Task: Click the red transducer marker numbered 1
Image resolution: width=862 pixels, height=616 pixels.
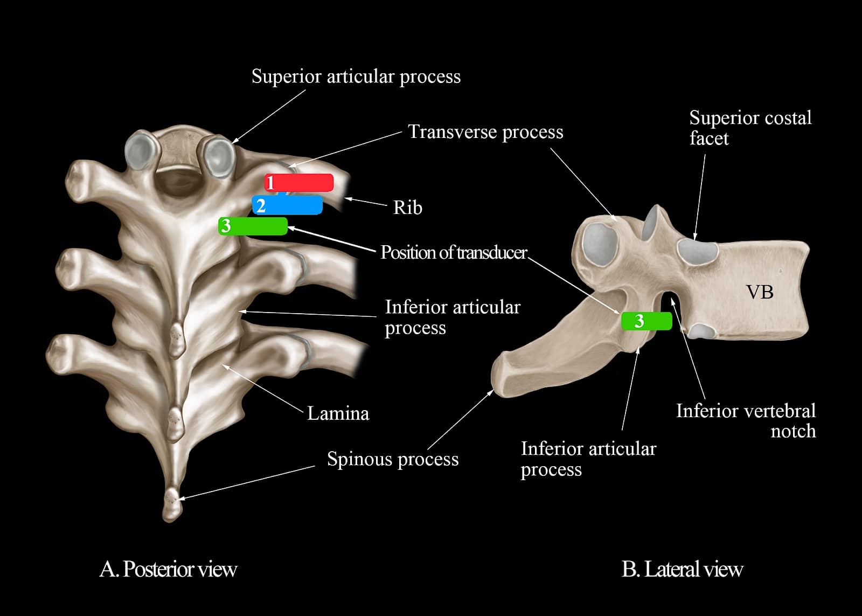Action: pyautogui.click(x=299, y=183)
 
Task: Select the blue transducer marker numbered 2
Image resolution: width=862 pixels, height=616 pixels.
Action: pyautogui.click(x=287, y=205)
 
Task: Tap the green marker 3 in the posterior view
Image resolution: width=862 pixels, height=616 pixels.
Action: pyautogui.click(x=253, y=226)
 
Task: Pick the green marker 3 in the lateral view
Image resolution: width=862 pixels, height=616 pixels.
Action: pyautogui.click(x=646, y=321)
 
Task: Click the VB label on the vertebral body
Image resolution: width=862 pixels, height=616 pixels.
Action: pyautogui.click(x=760, y=292)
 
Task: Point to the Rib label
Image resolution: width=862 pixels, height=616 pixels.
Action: pyautogui.click(x=407, y=207)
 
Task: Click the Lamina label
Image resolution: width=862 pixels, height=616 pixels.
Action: pyautogui.click(x=338, y=413)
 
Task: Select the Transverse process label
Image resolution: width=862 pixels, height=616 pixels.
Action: pyautogui.click(x=485, y=132)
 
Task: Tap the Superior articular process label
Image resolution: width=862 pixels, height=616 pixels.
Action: pyautogui.click(x=356, y=77)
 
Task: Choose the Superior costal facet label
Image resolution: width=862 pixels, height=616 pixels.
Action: pyautogui.click(x=750, y=128)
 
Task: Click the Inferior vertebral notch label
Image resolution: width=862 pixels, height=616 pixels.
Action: pyautogui.click(x=746, y=421)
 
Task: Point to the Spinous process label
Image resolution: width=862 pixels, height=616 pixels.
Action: pyautogui.click(x=393, y=459)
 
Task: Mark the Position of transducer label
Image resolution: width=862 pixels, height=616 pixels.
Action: pyautogui.click(x=454, y=252)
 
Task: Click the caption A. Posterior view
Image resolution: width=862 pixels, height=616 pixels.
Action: pyautogui.click(x=168, y=569)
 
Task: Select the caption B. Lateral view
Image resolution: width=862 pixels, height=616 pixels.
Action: pyautogui.click(x=682, y=569)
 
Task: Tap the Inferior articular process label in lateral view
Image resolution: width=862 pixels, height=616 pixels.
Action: pyautogui.click(x=588, y=459)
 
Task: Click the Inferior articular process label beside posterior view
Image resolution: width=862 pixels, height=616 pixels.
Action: pyautogui.click(x=453, y=317)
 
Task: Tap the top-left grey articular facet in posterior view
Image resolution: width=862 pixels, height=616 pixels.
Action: pyautogui.click(x=140, y=148)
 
